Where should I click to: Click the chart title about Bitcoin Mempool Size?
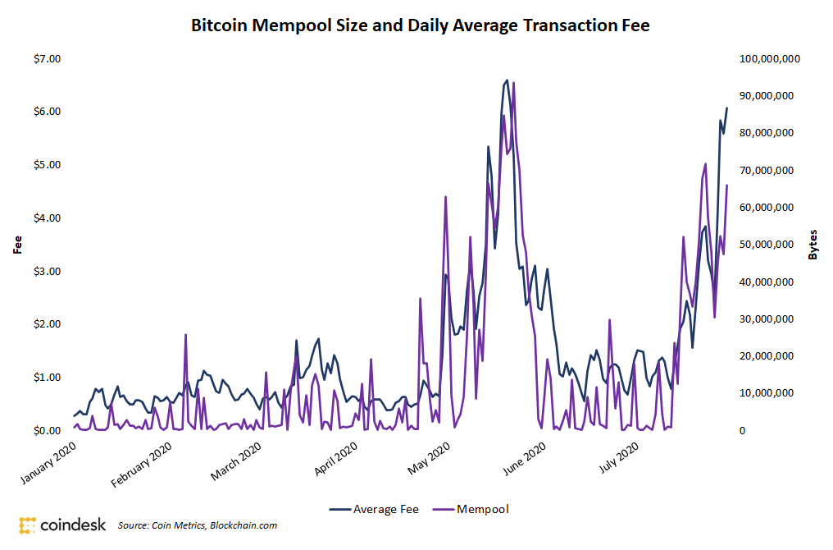tap(420, 25)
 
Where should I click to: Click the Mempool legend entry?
tap(471, 509)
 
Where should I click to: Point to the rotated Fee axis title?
tap(16, 245)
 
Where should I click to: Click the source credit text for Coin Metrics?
tap(198, 525)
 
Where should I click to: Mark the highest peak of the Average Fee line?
tap(508, 80)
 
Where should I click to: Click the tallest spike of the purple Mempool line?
tap(513, 83)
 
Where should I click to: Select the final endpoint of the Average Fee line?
tap(726, 108)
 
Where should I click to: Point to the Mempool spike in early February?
tap(185, 335)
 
